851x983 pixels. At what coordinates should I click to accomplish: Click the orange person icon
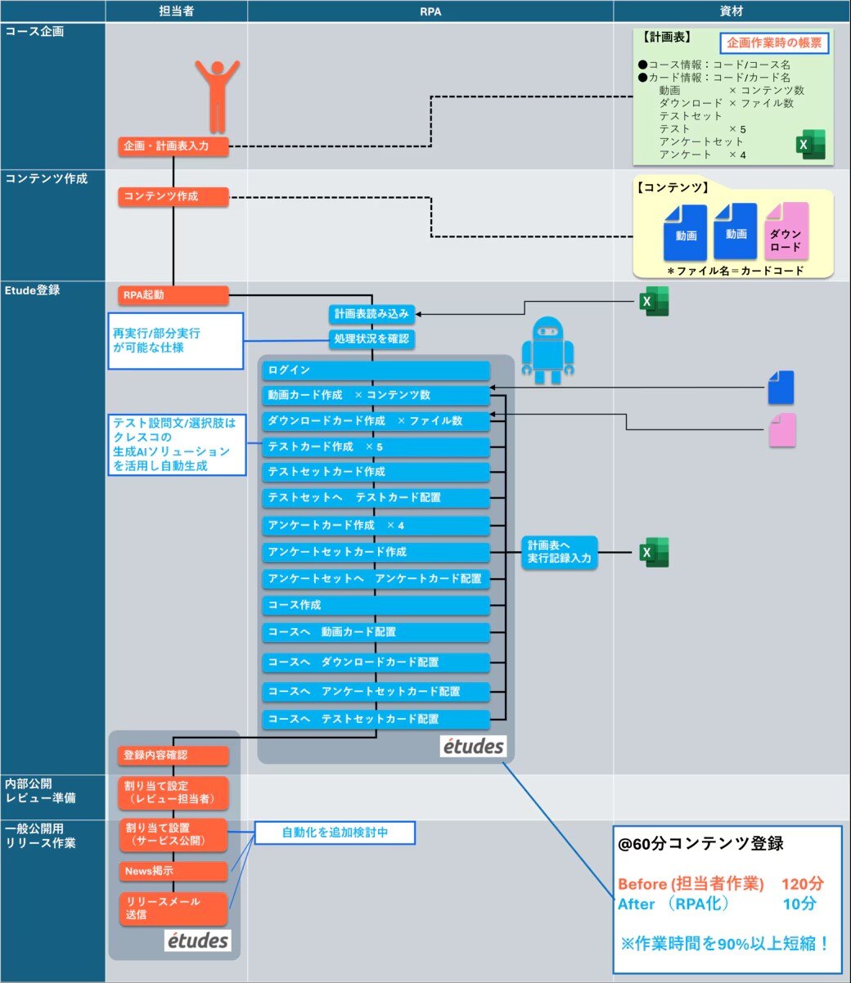[217, 95]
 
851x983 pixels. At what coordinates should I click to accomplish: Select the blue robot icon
[547, 350]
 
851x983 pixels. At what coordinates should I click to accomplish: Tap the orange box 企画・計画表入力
[173, 146]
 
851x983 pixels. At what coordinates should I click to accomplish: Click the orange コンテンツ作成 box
[173, 196]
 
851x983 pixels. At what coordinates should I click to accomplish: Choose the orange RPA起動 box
[173, 294]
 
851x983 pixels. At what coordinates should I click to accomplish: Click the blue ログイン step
[376, 370]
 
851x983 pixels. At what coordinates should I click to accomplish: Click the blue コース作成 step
[376, 605]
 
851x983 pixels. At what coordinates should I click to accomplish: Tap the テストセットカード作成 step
[376, 472]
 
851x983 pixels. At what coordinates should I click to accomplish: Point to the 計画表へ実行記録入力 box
[560, 553]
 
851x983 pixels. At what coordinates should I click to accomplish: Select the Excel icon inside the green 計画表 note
[811, 145]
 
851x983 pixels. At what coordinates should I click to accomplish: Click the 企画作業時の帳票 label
[774, 43]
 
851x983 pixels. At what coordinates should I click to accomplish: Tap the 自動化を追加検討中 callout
[335, 833]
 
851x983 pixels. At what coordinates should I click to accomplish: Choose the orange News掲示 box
[173, 871]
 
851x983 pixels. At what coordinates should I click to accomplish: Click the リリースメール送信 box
[173, 908]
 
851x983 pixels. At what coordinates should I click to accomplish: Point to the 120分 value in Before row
[802, 883]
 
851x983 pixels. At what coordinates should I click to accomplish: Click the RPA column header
[430, 11]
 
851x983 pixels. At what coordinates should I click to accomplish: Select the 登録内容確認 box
[173, 756]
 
